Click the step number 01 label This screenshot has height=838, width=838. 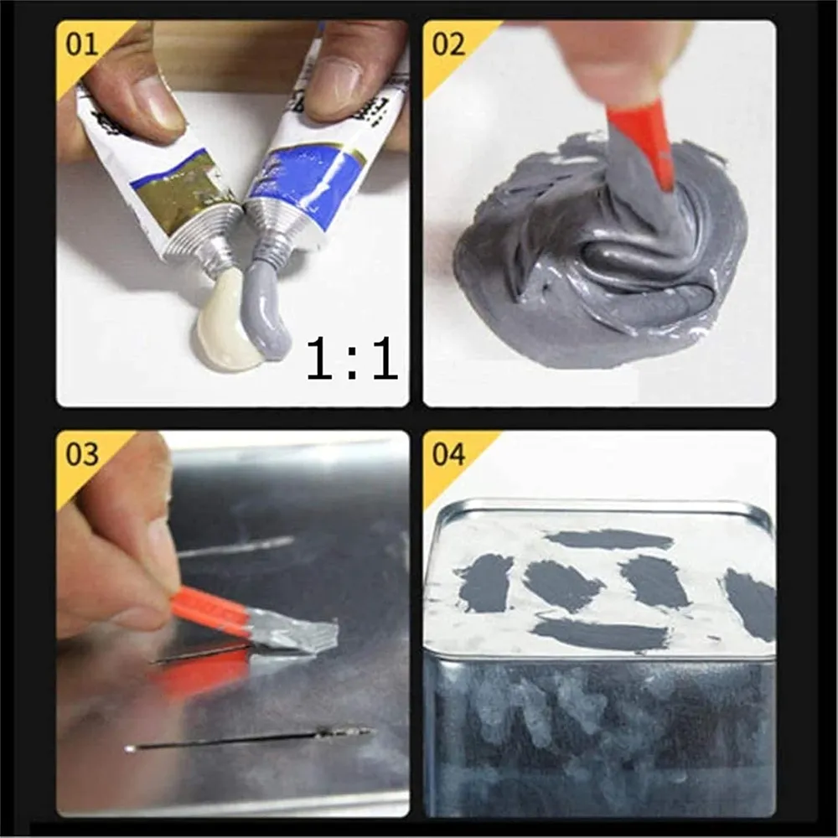[x=81, y=44]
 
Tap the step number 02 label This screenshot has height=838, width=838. [x=447, y=44]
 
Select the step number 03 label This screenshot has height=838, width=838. [x=82, y=454]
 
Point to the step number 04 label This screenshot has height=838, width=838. [x=447, y=454]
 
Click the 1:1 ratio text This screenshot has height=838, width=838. [x=352, y=358]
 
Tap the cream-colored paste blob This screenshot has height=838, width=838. [x=225, y=321]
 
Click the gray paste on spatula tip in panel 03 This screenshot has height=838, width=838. [x=294, y=632]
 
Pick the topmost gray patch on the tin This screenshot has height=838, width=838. [x=609, y=540]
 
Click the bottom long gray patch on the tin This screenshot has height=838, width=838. [x=601, y=636]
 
